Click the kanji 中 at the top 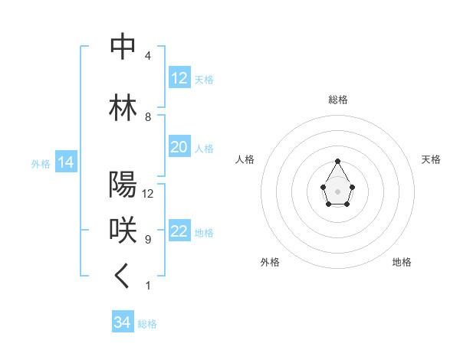pyautogui.click(x=123, y=47)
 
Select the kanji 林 pyautogui.click(x=123, y=107)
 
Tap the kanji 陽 pyautogui.click(x=123, y=185)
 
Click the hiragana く pyautogui.click(x=123, y=277)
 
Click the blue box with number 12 pyautogui.click(x=179, y=78)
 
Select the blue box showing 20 pyautogui.click(x=179, y=147)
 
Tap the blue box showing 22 pyautogui.click(x=179, y=231)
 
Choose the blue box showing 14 pyautogui.click(x=64, y=162)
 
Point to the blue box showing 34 pyautogui.click(x=123, y=322)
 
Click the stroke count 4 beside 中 pyautogui.click(x=147, y=56)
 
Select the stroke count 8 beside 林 pyautogui.click(x=147, y=117)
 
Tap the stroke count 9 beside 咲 pyautogui.click(x=147, y=240)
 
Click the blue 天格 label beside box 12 pyautogui.click(x=204, y=80)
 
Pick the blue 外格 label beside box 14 pyautogui.click(x=41, y=164)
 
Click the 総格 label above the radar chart pyautogui.click(x=338, y=100)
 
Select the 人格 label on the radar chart pyautogui.click(x=245, y=159)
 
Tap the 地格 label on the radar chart pyautogui.click(x=402, y=262)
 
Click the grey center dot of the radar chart pyautogui.click(x=338, y=190)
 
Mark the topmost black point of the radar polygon pyautogui.click(x=338, y=161)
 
